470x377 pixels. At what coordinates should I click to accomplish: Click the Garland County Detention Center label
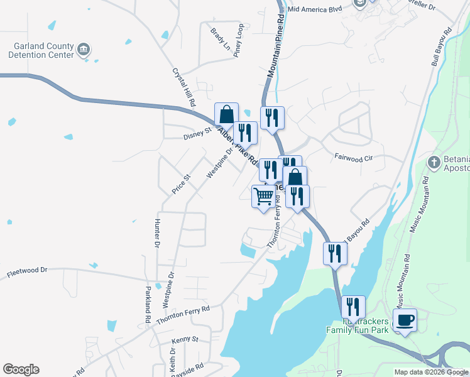[41, 50]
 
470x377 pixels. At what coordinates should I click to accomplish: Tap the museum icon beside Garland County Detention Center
[84, 50]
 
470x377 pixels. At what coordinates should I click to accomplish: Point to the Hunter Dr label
[156, 233]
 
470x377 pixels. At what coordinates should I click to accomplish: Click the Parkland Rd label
[148, 305]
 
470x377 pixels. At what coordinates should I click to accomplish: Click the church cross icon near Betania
[433, 163]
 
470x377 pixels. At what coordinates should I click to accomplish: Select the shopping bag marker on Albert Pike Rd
[226, 114]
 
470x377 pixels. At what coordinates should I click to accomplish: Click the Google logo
[21, 369]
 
